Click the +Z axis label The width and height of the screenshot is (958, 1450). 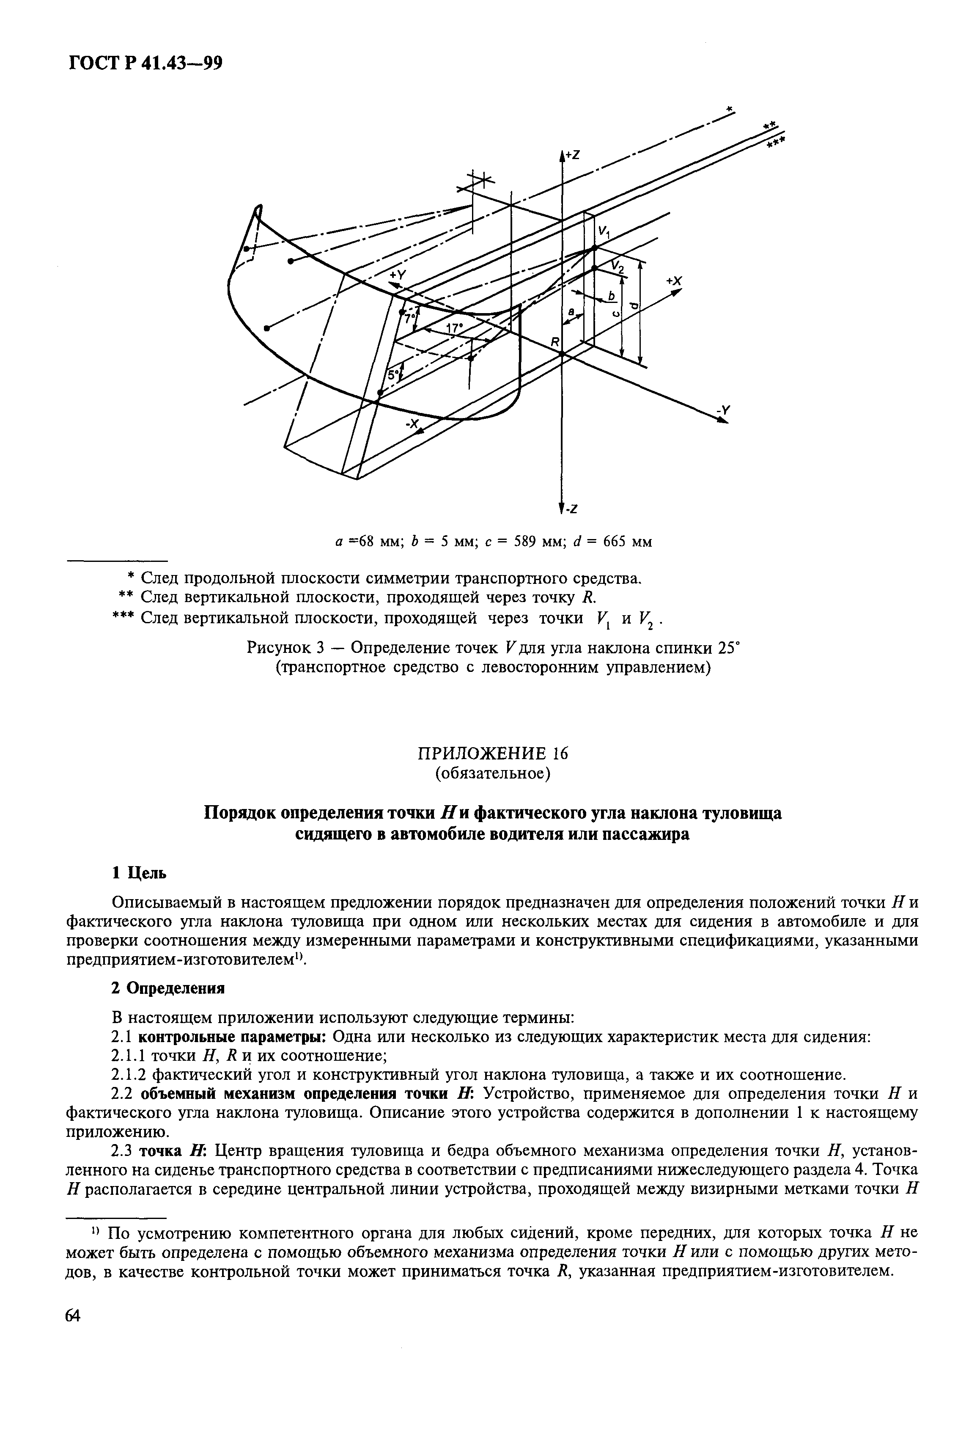(x=573, y=156)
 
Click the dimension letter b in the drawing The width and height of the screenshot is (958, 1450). (x=611, y=296)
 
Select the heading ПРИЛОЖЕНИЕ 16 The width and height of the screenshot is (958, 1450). (x=492, y=754)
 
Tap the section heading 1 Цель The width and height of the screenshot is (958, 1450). (x=139, y=873)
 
